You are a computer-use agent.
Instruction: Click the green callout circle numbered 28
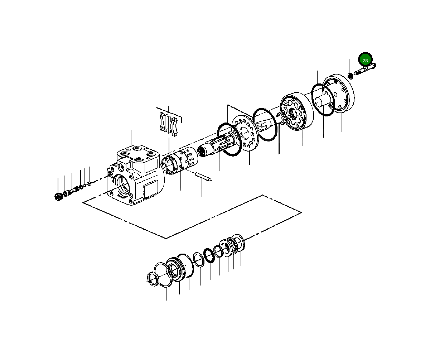click(365, 59)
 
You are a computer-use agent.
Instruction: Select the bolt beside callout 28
click(365, 69)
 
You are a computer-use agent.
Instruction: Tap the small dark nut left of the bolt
click(350, 76)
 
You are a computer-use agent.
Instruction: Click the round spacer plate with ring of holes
click(245, 133)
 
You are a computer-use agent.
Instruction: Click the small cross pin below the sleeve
click(203, 177)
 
